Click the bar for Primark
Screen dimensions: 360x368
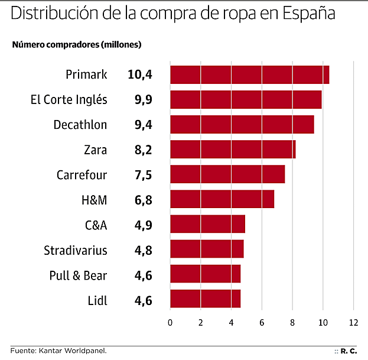[x=249, y=75]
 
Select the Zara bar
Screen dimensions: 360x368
[x=233, y=150]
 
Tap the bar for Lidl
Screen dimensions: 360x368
[x=205, y=299]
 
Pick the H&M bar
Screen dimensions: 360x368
[x=222, y=199]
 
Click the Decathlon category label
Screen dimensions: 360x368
[x=80, y=125]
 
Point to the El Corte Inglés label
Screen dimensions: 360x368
[x=69, y=99]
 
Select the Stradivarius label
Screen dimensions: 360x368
[x=76, y=250]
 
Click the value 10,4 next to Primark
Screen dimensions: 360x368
[x=139, y=74]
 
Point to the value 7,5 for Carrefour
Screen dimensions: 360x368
[x=143, y=175]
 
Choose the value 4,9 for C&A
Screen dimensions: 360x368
[x=143, y=225]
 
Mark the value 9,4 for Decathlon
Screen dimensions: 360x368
[x=143, y=125]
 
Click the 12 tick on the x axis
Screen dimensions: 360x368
[x=353, y=322]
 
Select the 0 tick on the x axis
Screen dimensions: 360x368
[x=170, y=322]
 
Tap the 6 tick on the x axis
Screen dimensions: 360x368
[x=262, y=322]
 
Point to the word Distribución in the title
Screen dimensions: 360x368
[x=47, y=13]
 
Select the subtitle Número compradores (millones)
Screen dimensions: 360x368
[x=77, y=44]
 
